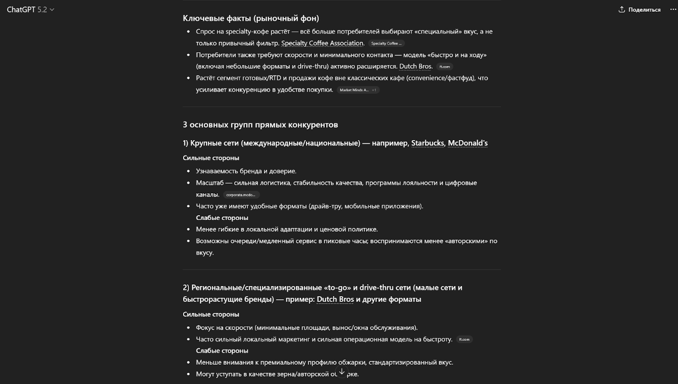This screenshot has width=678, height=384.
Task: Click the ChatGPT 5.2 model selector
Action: click(x=30, y=10)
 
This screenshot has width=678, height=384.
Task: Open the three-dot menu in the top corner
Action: click(x=673, y=10)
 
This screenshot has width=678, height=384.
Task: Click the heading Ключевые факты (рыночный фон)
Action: click(x=251, y=18)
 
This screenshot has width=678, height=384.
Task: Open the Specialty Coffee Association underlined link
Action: click(x=322, y=43)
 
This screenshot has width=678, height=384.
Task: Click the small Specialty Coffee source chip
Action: click(x=386, y=44)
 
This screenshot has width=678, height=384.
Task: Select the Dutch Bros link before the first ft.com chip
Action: click(x=415, y=67)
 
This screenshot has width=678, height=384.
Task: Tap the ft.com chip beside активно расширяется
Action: click(x=444, y=67)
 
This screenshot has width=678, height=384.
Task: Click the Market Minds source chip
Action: click(x=358, y=90)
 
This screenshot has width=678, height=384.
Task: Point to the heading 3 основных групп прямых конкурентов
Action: click(x=260, y=125)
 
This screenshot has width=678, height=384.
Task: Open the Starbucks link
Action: click(x=427, y=143)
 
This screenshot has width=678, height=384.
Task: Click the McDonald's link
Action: click(x=467, y=143)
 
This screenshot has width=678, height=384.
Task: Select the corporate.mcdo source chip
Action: click(x=241, y=195)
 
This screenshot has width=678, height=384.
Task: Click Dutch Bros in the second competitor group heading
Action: click(x=335, y=299)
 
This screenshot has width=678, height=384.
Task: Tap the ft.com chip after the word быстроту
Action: click(x=464, y=340)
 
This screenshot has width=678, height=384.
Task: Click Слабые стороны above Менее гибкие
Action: click(x=222, y=218)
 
